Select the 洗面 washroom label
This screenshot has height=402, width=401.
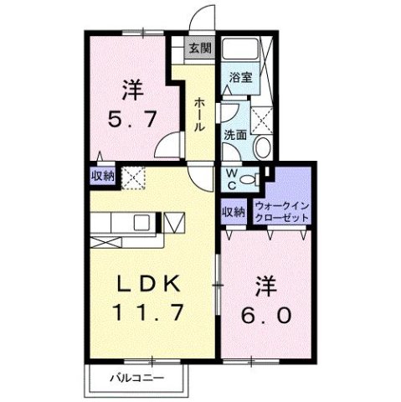pos(234,133)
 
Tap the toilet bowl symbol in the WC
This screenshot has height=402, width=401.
pos(249,178)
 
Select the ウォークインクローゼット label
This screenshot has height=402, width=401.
pos(282,210)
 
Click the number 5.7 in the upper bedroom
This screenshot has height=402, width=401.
pos(134,118)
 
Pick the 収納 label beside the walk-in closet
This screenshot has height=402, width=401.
pos(234,212)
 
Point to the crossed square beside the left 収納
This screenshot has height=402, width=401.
pos(132,178)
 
